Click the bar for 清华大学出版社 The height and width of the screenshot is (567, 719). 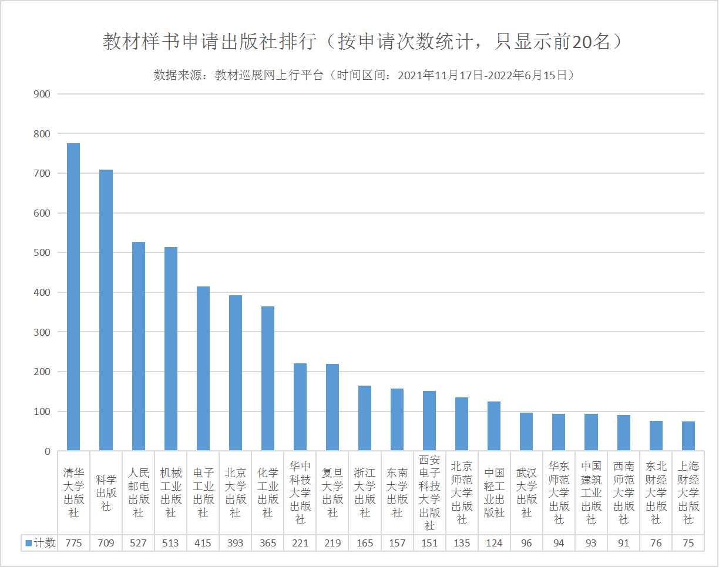click(73, 297)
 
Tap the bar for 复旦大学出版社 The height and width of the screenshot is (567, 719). click(332, 407)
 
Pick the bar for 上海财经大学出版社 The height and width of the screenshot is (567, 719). click(688, 436)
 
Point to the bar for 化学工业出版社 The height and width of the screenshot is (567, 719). click(268, 379)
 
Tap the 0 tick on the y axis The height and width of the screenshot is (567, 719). click(47, 451)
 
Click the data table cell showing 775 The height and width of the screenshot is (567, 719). click(73, 543)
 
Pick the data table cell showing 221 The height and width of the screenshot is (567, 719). click(300, 543)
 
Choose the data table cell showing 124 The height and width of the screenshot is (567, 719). click(494, 543)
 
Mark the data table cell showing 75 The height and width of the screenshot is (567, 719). click(688, 543)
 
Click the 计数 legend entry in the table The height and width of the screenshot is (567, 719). click(41, 543)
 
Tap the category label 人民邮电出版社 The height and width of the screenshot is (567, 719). click(139, 492)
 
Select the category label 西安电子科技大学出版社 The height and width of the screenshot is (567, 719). click(429, 492)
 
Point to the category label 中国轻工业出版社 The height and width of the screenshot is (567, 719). click(494, 492)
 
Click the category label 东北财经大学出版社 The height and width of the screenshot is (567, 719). click(656, 492)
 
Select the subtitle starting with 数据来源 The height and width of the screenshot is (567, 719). click(364, 75)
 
